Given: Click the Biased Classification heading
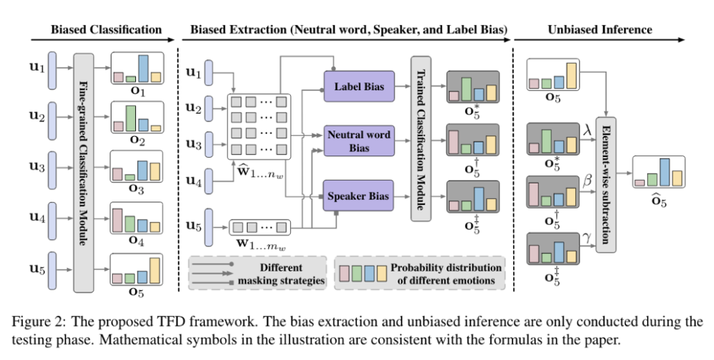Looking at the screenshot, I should point(106,29).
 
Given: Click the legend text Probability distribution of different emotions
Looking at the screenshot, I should point(446,273).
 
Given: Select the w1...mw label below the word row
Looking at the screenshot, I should point(259,245).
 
